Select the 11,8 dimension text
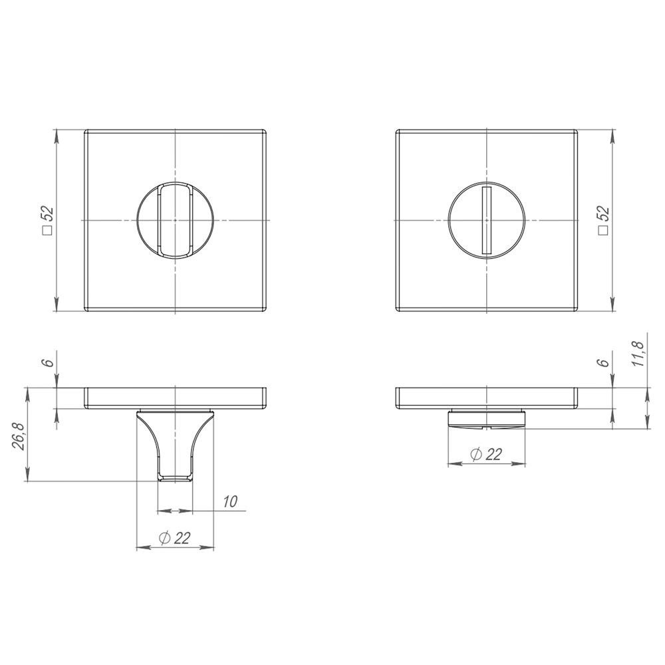[638, 352]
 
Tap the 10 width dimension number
[230, 502]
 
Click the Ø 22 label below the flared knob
[175, 539]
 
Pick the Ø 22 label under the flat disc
[485, 454]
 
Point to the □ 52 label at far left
[47, 221]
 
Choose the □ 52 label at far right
[604, 221]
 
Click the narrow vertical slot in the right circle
[486, 220]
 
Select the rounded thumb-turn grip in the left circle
[175, 220]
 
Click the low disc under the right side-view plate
[487, 418]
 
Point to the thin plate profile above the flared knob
[176, 398]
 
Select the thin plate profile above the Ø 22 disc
[487, 398]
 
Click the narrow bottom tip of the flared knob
[175, 476]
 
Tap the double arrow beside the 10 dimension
[174, 511]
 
